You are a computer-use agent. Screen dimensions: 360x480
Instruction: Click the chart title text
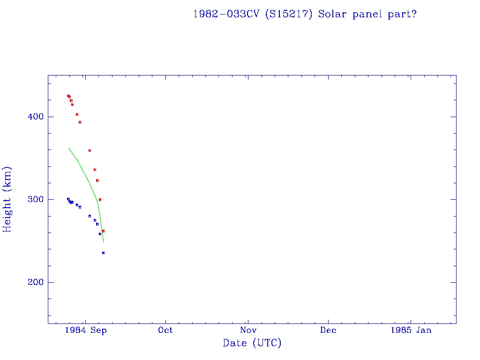pyautogui.click(x=305, y=14)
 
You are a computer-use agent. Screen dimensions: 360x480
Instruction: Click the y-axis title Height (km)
pyautogui.click(x=7, y=199)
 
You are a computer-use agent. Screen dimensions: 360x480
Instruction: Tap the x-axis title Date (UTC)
pyautogui.click(x=252, y=343)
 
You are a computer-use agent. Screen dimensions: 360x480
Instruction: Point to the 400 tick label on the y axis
pyautogui.click(x=32, y=117)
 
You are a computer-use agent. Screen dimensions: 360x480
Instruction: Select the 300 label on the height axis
pyautogui.click(x=32, y=199)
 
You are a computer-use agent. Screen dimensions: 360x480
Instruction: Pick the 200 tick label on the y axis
pyautogui.click(x=32, y=282)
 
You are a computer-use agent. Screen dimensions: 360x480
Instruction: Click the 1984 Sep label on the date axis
pyautogui.click(x=86, y=330)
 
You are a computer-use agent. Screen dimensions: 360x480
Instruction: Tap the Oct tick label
pyautogui.click(x=165, y=330)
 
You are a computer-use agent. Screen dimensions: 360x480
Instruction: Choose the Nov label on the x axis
pyautogui.click(x=247, y=330)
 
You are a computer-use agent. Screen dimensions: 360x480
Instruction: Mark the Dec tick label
pyautogui.click(x=328, y=330)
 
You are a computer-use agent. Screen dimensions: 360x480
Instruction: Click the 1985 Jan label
pyautogui.click(x=411, y=330)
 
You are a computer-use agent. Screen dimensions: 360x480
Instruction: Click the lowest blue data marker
pyautogui.click(x=103, y=253)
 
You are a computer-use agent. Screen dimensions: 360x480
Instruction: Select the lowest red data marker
pyautogui.click(x=103, y=231)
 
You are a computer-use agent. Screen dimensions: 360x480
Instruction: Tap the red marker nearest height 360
pyautogui.click(x=90, y=150)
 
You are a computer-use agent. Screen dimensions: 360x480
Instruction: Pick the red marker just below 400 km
pyautogui.click(x=80, y=122)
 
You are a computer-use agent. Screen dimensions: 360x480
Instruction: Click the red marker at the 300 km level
pyautogui.click(x=100, y=200)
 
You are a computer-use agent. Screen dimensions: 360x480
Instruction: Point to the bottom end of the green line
pyautogui.click(x=103, y=242)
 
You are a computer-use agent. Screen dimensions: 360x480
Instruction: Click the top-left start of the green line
pyautogui.click(x=68, y=148)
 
